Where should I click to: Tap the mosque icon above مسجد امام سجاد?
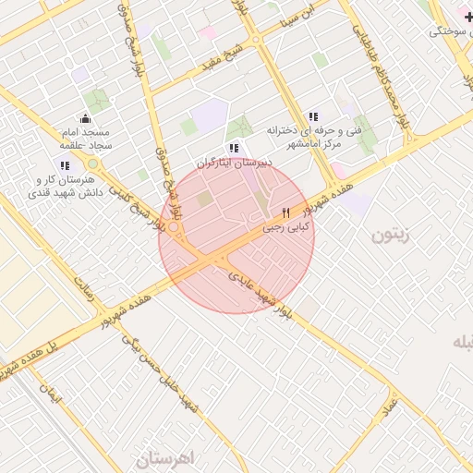(85, 118)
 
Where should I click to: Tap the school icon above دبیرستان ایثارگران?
(233, 147)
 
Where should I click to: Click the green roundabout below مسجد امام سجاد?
(93, 164)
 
